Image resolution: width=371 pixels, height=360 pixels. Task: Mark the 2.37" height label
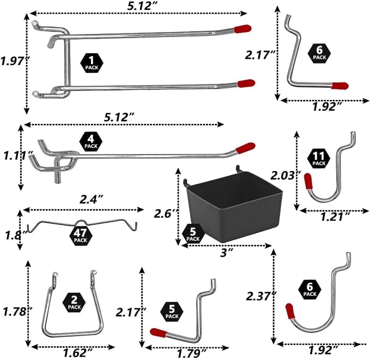[x=261, y=296]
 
